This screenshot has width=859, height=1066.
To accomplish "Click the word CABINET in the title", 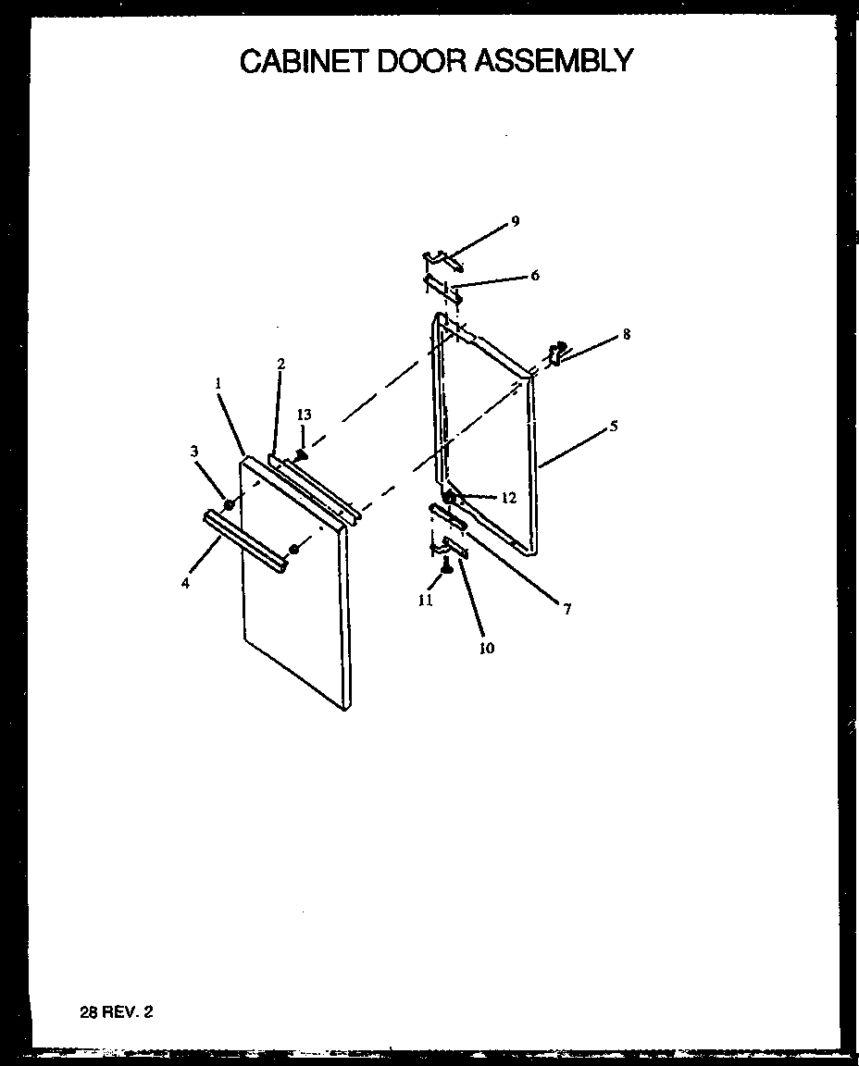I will click(301, 61).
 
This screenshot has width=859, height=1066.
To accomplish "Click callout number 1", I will click(218, 382).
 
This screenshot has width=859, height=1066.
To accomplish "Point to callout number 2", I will click(280, 364).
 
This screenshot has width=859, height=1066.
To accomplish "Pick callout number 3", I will click(194, 451).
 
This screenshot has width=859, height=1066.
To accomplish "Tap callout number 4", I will click(186, 583).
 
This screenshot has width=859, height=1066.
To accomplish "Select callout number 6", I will click(535, 276).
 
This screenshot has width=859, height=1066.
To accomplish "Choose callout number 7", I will click(566, 608).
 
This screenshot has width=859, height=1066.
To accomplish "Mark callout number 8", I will click(627, 334).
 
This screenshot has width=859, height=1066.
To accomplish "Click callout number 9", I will click(516, 221).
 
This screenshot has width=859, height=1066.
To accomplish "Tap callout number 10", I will click(486, 648).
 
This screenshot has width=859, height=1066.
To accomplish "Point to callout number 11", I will click(425, 600).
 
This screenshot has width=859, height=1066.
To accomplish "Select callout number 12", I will click(508, 498).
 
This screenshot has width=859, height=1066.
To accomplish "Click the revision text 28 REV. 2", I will click(117, 1012).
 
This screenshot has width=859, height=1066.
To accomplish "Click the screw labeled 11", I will click(445, 566).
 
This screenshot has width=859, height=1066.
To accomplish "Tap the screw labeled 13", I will click(301, 453).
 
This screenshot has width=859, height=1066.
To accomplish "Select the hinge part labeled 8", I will click(557, 353).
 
